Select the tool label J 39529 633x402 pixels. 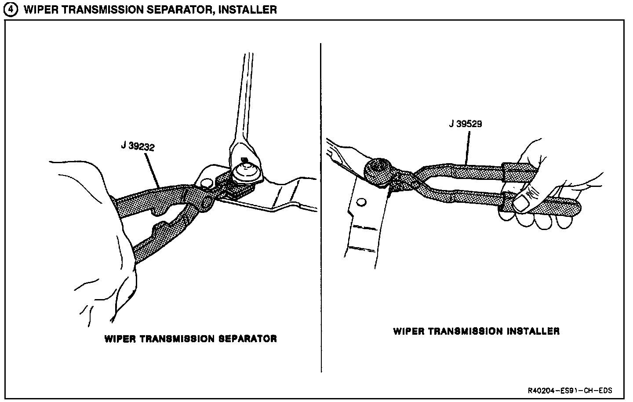click(466, 124)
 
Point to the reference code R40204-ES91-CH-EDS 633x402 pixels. click(570, 391)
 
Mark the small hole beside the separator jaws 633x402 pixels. click(205, 182)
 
